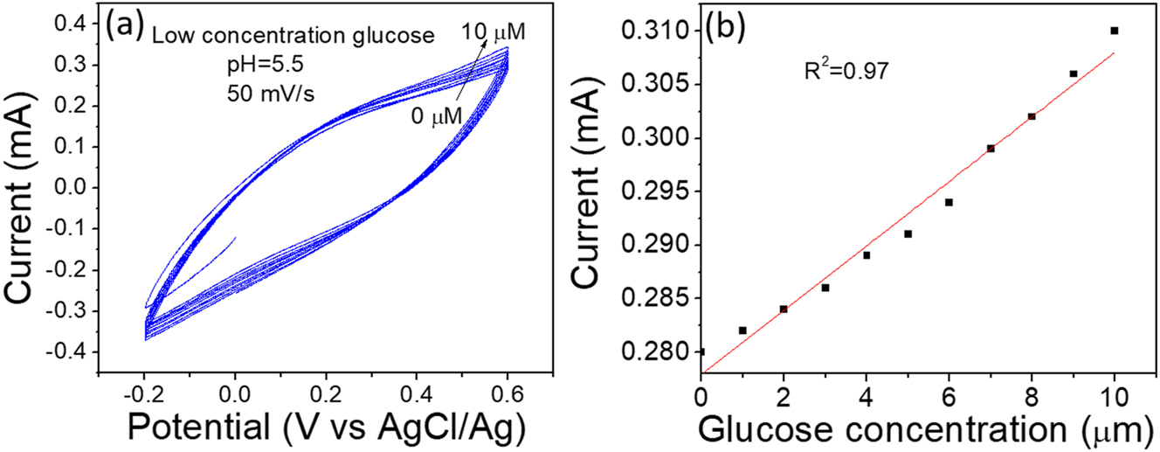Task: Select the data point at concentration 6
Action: [x=949, y=202]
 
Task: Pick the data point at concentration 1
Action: [x=742, y=330]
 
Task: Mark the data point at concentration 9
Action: [x=1074, y=73]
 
